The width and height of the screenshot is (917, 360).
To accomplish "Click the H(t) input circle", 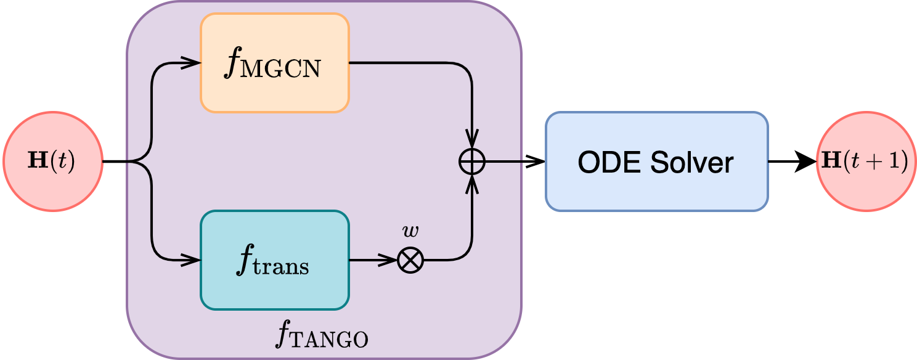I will [x=52, y=162].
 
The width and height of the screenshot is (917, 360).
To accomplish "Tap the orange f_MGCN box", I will [x=275, y=63].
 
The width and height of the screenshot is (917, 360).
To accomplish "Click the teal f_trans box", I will [x=275, y=260].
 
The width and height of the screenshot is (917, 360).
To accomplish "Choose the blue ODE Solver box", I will [x=656, y=162].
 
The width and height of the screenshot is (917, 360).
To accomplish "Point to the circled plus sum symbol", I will [x=472, y=162].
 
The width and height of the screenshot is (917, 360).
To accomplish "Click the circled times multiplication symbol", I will [x=410, y=260].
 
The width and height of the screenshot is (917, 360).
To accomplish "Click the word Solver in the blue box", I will [x=694, y=162].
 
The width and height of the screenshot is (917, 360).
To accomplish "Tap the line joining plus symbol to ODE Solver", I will [x=504, y=162].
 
